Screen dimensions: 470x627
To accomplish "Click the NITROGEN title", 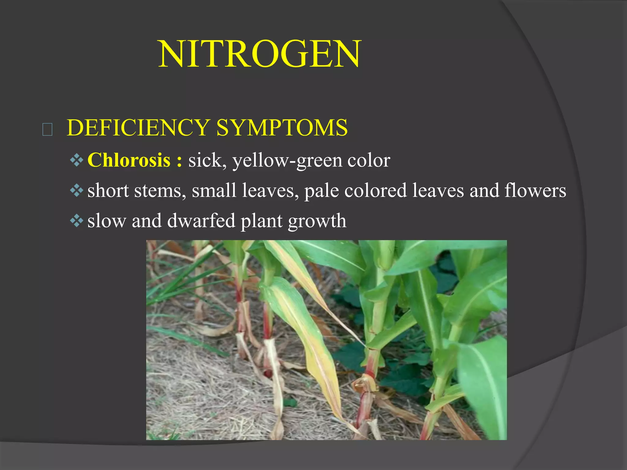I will coord(260,54).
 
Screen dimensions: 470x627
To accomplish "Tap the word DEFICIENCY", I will coord(138,128).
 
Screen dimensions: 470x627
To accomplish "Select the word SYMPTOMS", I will coord(282,128).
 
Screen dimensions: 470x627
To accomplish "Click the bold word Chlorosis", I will coord(129,160).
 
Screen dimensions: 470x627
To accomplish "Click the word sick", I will coord(205,160).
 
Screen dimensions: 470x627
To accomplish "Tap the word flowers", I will coord(535,190).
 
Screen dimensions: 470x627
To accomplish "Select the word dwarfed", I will coord(201,220).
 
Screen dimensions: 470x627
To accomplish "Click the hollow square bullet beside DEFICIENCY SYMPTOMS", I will coord(47,129).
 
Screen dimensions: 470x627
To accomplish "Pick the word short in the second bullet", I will coord(108,190).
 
